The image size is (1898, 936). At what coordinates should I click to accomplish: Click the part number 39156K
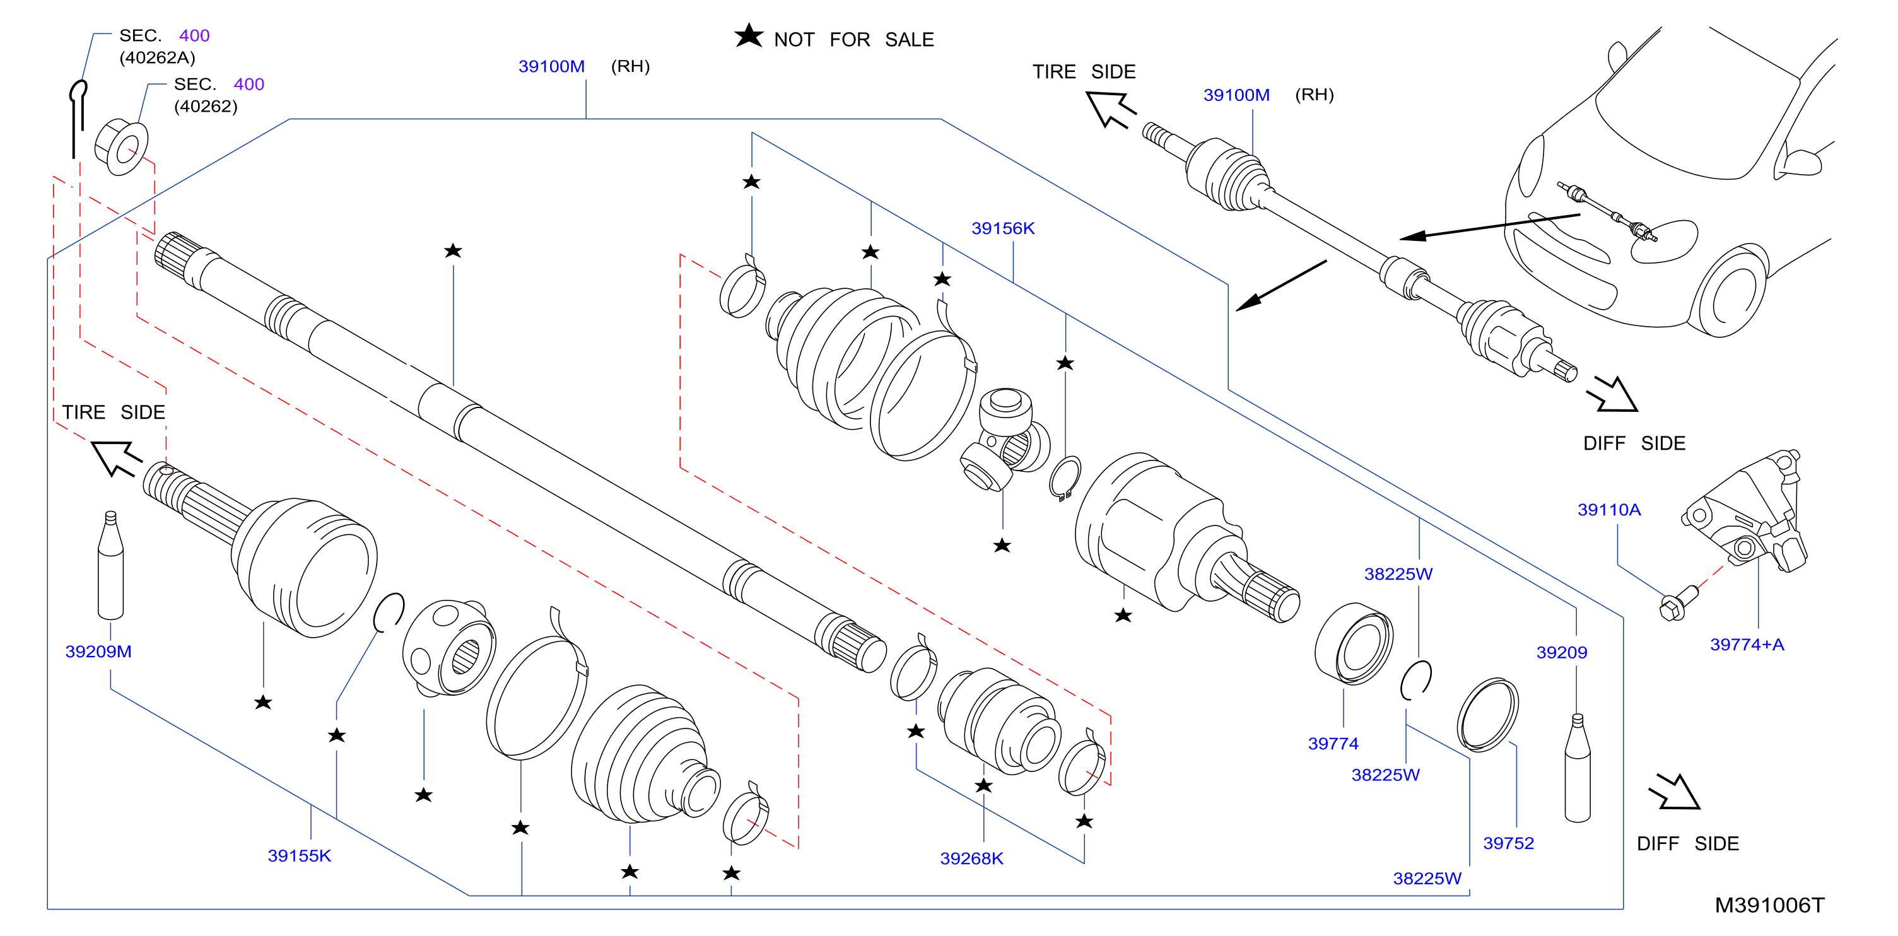tap(1002, 228)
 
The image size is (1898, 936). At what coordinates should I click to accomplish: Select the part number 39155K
tap(299, 856)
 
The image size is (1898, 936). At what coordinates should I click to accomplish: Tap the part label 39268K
tap(971, 858)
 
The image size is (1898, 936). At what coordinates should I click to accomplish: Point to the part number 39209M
tap(98, 652)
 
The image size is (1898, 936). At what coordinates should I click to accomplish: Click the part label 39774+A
tap(1746, 645)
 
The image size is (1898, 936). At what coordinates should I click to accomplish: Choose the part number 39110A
tap(1608, 510)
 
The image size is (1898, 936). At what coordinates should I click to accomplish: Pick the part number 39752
tap(1508, 843)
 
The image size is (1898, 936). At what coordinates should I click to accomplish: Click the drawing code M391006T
tap(1769, 905)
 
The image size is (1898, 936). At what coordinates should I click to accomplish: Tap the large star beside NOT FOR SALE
tap(749, 35)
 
